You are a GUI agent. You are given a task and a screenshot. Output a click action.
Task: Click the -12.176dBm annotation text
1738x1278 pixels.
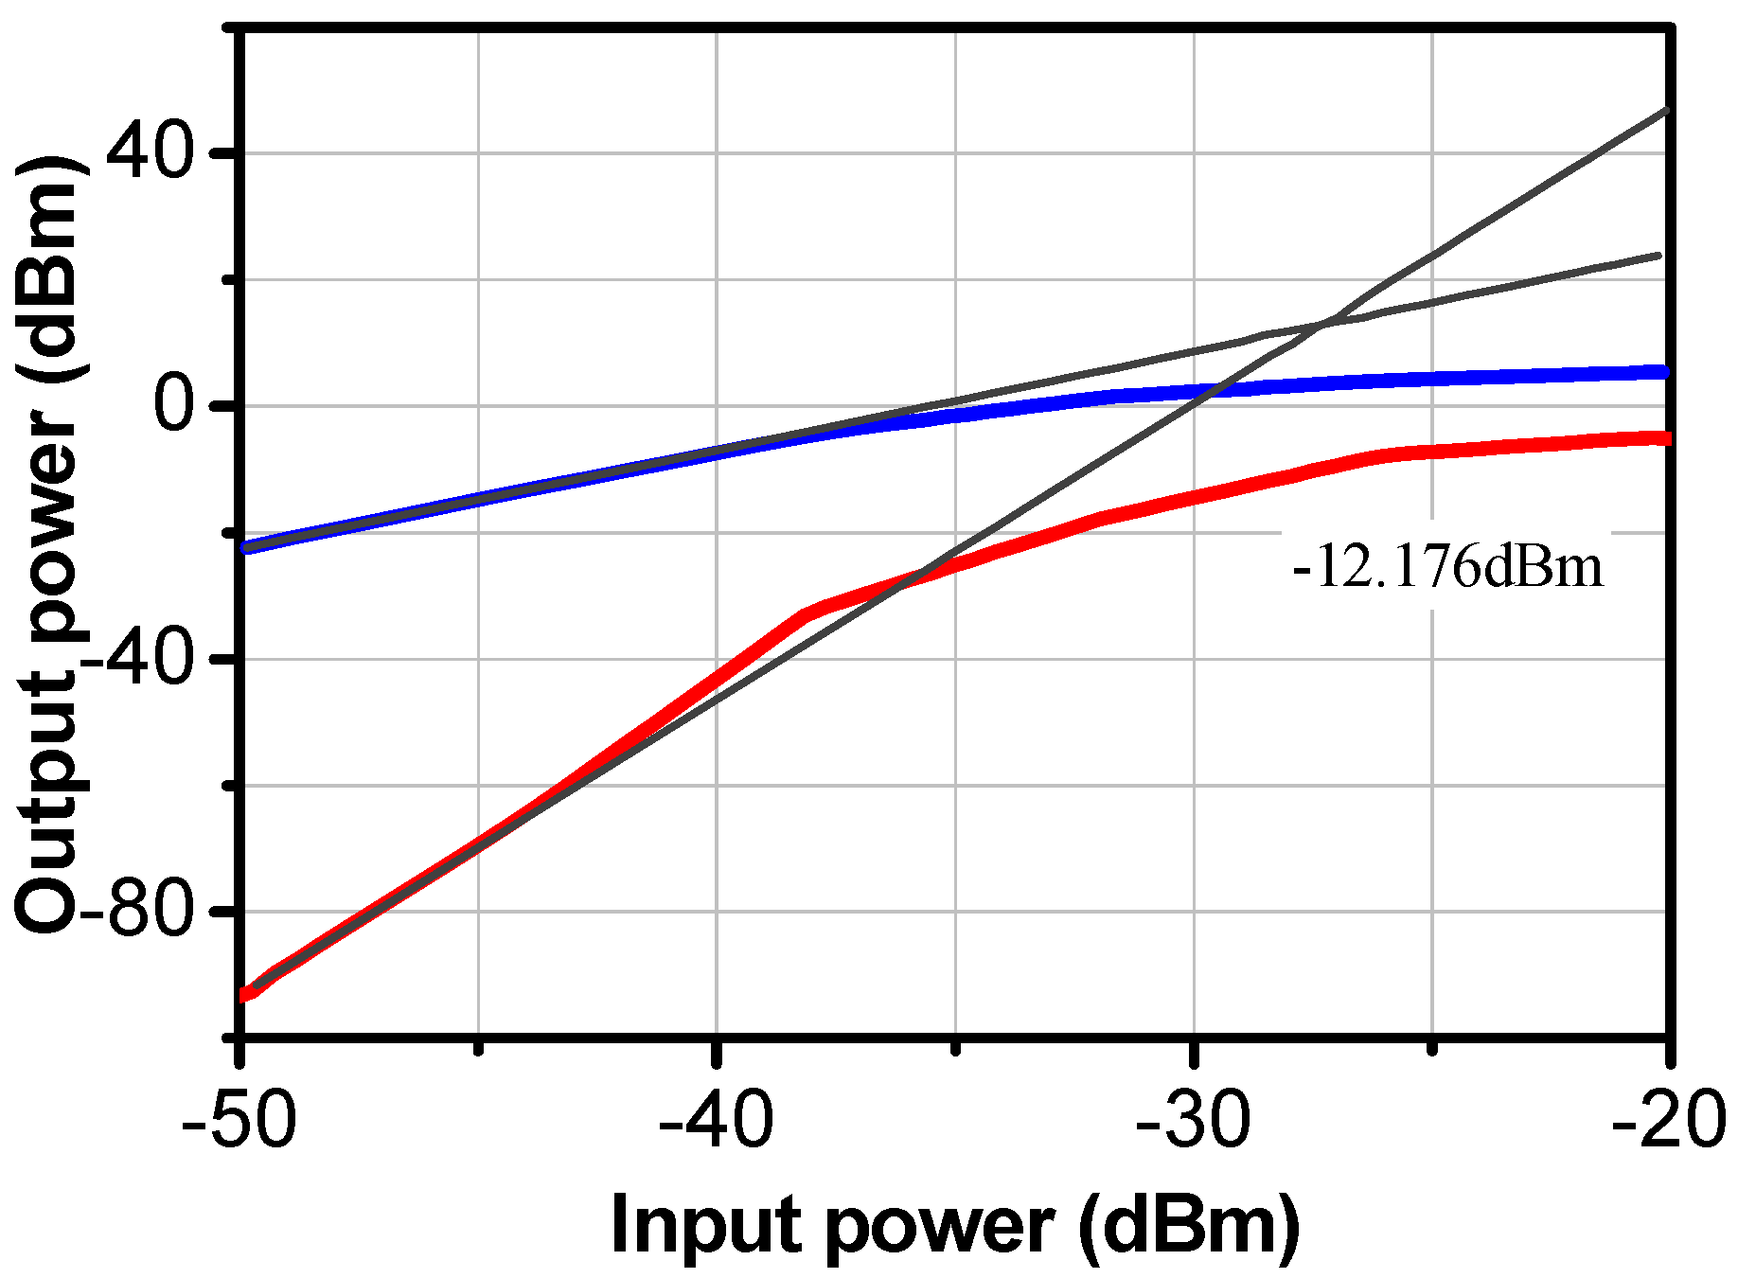[x=1448, y=569]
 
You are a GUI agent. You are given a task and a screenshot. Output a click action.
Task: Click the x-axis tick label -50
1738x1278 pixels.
[x=240, y=1121]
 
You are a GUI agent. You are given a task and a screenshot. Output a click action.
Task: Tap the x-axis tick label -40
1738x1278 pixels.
[x=717, y=1121]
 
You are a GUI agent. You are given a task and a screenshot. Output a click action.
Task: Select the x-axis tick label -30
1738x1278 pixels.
[x=1194, y=1121]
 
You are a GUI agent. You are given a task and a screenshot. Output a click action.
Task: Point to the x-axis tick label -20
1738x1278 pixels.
[x=1671, y=1121]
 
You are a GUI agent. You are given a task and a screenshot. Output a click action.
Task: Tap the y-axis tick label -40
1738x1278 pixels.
[x=142, y=659]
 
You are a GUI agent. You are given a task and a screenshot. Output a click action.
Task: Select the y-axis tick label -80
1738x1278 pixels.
[x=142, y=912]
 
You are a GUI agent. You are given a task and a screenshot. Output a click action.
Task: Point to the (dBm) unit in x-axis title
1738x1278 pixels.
[x=1188, y=1226]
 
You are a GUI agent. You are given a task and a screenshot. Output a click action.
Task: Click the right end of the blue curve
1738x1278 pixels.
[x=1666, y=372]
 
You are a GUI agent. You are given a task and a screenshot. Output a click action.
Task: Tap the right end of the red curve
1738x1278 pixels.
[x=1666, y=438]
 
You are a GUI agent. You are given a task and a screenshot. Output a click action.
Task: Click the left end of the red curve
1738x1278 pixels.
[x=244, y=995]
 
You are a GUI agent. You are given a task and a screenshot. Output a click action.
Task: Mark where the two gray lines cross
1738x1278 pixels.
[x=1322, y=326]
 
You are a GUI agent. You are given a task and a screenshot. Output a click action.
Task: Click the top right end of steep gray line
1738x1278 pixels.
[x=1665, y=111]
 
